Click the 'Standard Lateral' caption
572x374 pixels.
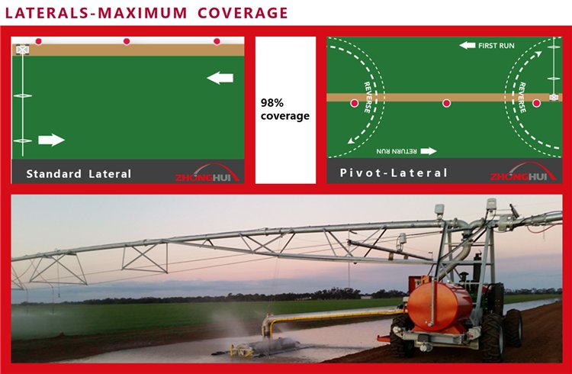click(x=79, y=174)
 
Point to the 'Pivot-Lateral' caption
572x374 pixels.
click(x=394, y=173)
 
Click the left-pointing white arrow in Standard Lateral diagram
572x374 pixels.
click(x=220, y=77)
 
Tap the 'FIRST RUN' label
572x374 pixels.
click(x=488, y=46)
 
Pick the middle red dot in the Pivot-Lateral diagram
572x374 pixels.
click(x=447, y=103)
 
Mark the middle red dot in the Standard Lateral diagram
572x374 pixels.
click(x=127, y=41)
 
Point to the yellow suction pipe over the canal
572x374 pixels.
click(x=336, y=314)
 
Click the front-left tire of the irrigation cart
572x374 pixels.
click(x=401, y=335)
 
